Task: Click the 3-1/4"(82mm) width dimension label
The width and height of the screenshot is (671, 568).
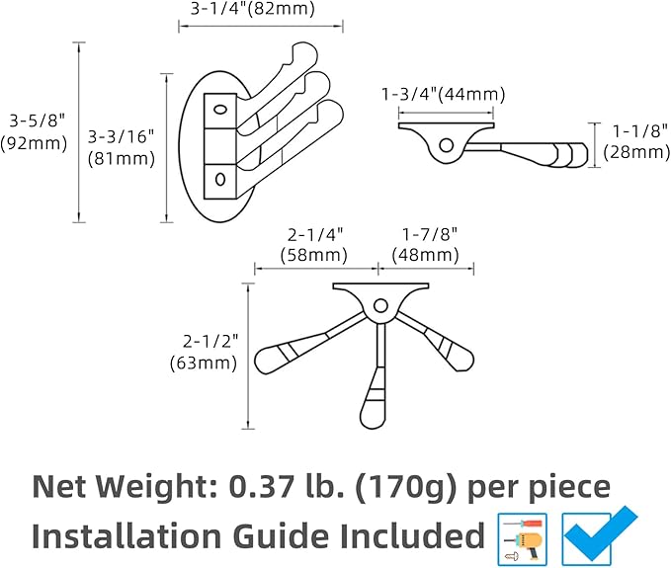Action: click(x=252, y=9)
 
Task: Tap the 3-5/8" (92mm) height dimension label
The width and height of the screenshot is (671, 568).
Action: click(x=34, y=131)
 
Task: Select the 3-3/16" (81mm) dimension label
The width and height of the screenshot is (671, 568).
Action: click(x=122, y=147)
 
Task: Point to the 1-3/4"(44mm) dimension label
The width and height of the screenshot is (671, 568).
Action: click(x=443, y=94)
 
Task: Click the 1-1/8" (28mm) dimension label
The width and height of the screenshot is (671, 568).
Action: click(x=636, y=141)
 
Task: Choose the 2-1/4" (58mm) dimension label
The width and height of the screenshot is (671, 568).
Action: click(x=313, y=245)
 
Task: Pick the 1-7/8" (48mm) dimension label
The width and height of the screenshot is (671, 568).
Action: click(x=425, y=245)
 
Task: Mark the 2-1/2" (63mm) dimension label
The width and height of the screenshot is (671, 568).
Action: click(x=204, y=353)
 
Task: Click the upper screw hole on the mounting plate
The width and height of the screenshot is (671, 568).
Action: click(x=220, y=110)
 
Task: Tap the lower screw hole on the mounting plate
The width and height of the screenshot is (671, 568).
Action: click(x=220, y=179)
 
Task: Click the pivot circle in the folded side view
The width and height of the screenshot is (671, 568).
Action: click(x=447, y=145)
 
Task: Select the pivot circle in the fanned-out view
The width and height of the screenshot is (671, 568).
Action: click(x=380, y=306)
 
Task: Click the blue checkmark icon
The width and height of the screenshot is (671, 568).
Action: click(x=600, y=536)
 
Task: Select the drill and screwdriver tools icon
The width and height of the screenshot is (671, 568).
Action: click(x=523, y=539)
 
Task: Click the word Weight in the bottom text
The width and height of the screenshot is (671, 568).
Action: click(x=155, y=487)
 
